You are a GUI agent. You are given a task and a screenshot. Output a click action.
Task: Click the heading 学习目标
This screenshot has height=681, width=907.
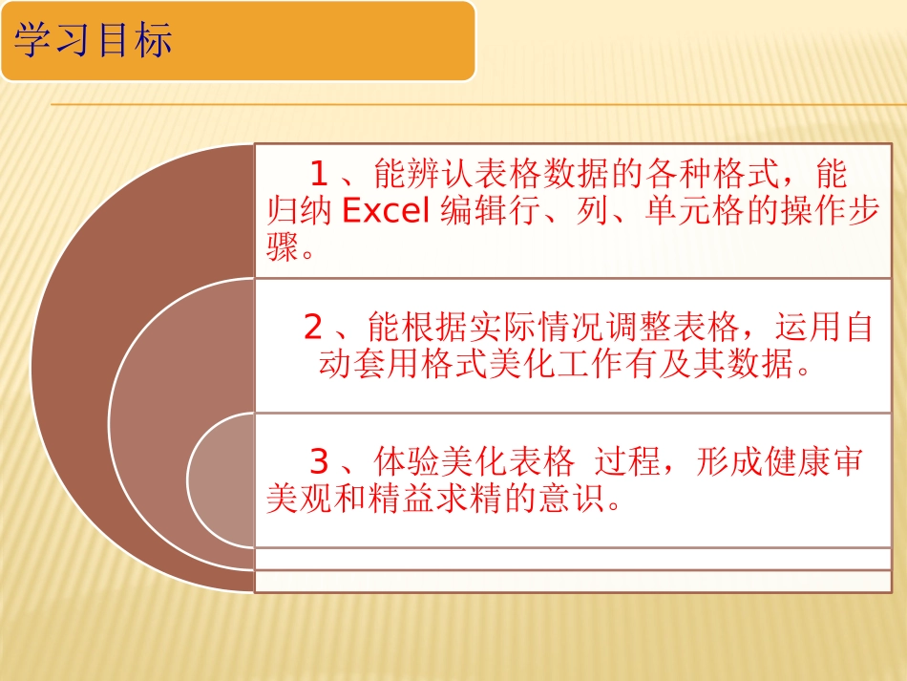click(x=94, y=42)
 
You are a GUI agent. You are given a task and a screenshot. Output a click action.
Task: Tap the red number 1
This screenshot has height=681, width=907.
click(x=319, y=174)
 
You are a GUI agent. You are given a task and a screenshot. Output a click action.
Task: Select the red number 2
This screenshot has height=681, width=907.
click(x=313, y=328)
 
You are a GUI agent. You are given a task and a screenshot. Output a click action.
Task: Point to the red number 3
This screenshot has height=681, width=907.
click(x=319, y=462)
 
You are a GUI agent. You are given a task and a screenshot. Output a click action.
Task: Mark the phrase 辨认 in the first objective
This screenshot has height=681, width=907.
click(x=426, y=174)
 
